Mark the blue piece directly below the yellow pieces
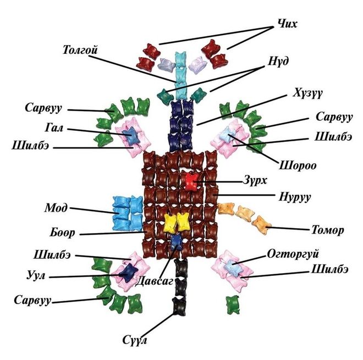point(177,240)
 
